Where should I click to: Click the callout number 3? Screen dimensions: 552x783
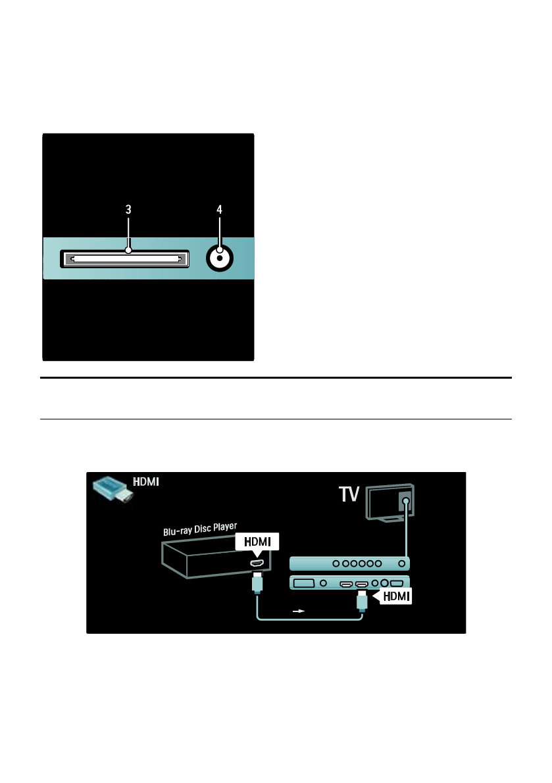[128, 210]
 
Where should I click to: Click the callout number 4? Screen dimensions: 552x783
[220, 210]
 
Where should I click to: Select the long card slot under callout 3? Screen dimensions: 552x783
[125, 258]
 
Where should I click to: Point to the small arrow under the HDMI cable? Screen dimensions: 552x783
[299, 611]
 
